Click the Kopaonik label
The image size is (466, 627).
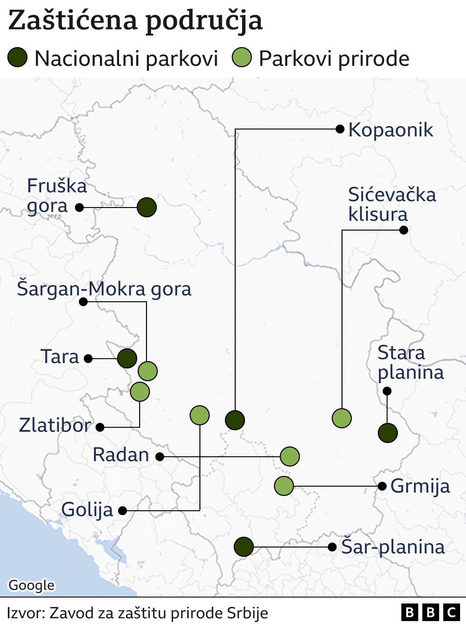point(391,131)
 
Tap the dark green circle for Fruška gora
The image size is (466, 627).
point(147,208)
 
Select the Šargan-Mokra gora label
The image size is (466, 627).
point(104,289)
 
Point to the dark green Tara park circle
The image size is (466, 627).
point(127,359)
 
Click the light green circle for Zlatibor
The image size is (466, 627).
point(140,392)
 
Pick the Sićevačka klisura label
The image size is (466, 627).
point(392,204)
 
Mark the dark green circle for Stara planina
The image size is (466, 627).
point(388,433)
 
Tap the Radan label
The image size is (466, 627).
point(121,455)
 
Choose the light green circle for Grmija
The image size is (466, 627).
point(284,486)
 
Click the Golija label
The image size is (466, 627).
point(87,510)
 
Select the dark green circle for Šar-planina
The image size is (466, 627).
point(244,547)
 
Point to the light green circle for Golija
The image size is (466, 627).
point(199,415)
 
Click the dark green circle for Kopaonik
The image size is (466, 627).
point(235,419)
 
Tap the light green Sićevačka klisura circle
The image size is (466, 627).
point(342,418)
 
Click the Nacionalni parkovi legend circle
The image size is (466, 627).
point(18,58)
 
